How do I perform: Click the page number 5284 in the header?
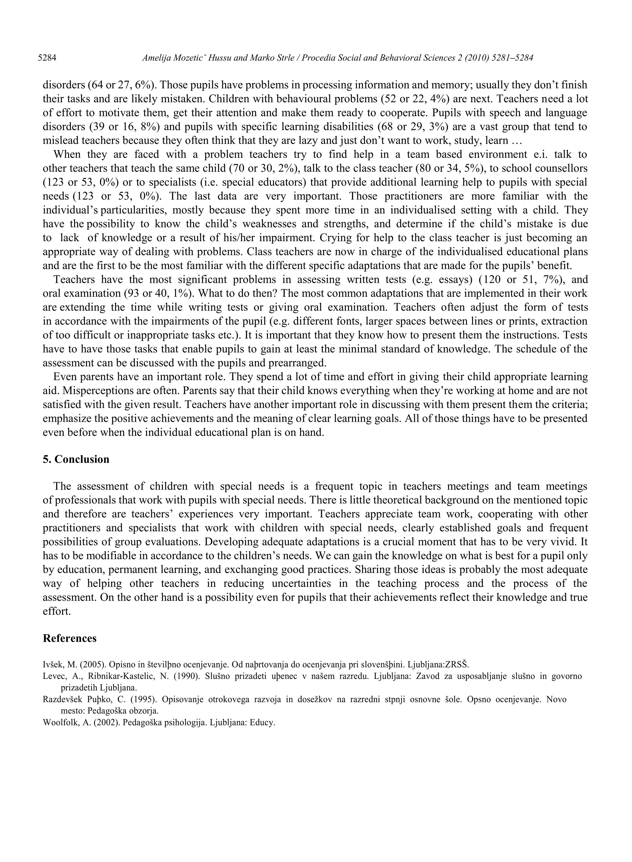pyautogui.click(x=48, y=58)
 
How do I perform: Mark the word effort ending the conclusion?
pyautogui.click(x=56, y=611)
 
